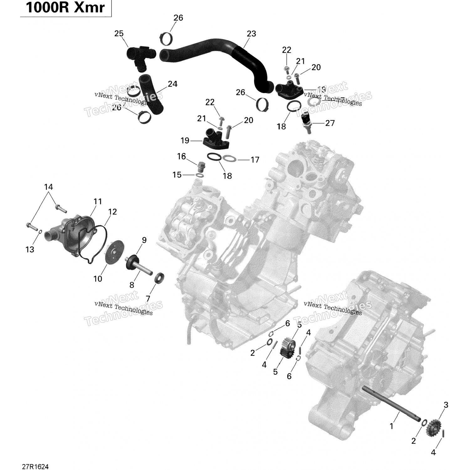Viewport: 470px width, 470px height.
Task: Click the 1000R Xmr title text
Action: coord(65,8)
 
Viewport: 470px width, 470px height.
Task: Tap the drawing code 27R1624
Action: coord(35,467)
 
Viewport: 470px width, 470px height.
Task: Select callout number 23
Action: coord(251,34)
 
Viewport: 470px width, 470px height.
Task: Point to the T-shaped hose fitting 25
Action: coord(141,55)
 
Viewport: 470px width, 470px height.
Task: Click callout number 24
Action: coord(172,84)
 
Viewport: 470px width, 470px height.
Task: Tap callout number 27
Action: coord(330,123)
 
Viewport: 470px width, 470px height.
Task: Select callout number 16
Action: coord(181,156)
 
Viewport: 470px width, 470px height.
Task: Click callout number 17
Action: coord(255,160)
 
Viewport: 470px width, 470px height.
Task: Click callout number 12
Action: coord(112,212)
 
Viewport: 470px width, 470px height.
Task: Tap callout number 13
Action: coord(30,249)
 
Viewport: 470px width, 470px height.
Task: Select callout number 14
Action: coord(49,187)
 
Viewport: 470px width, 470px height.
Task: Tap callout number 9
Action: coord(144,240)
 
